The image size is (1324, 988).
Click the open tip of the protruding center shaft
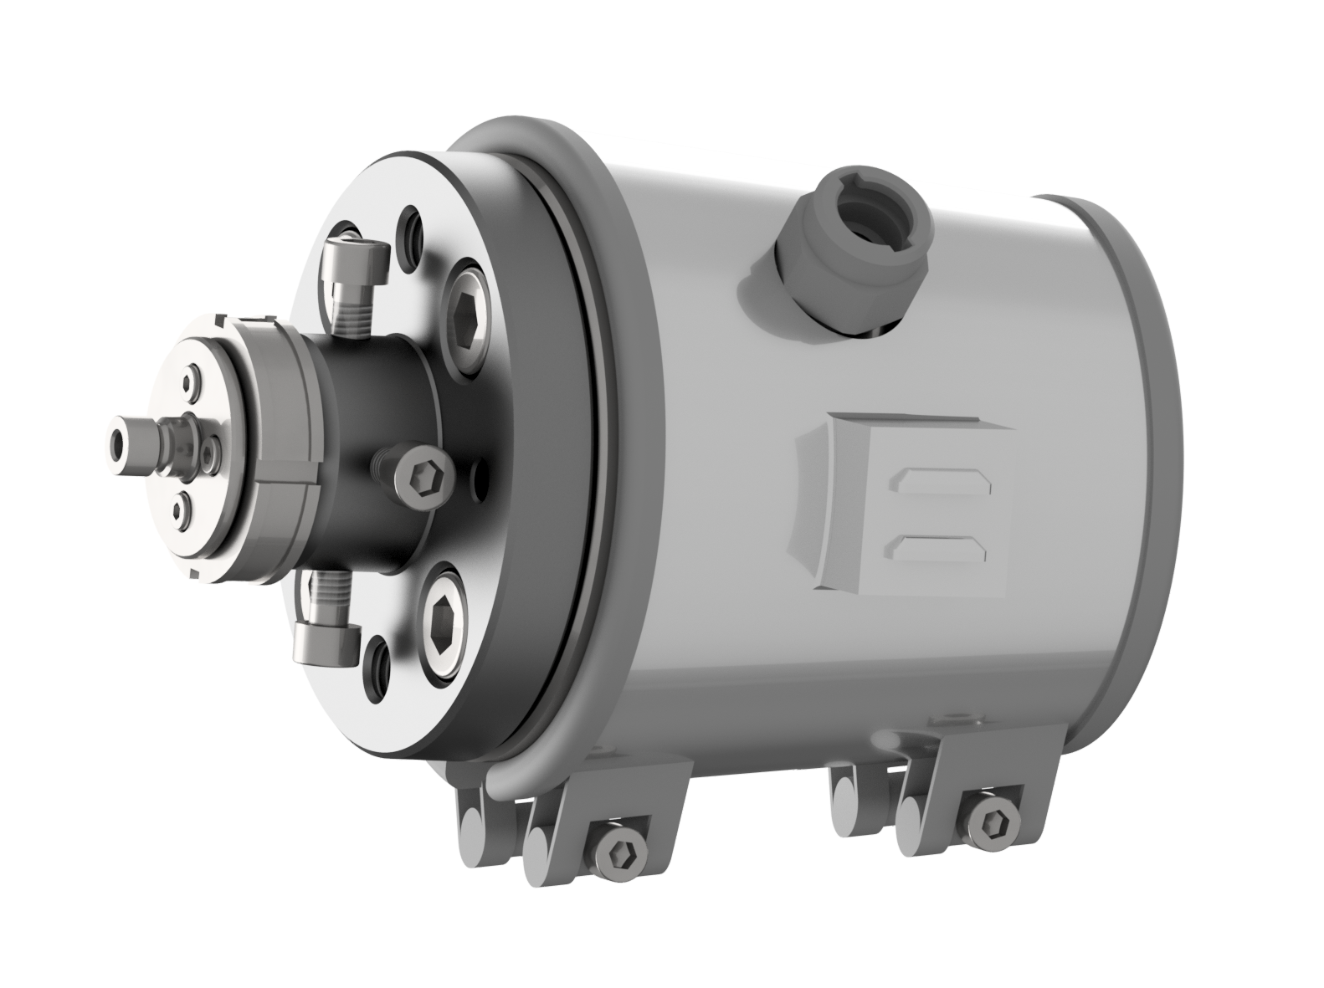click(x=117, y=438)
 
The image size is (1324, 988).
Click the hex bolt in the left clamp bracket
click(x=620, y=853)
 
